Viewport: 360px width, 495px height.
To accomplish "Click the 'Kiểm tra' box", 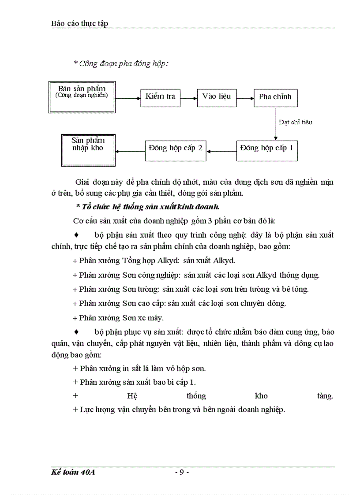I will pyautogui.click(x=161, y=97).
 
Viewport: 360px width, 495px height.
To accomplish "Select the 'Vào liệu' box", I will pyautogui.click(x=217, y=97).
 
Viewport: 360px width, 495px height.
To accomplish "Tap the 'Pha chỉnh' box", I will pyautogui.click(x=275, y=97).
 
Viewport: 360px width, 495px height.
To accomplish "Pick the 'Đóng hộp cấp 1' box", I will pyautogui.click(x=266, y=149).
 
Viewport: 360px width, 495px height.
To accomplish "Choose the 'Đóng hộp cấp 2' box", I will pyautogui.click(x=176, y=149).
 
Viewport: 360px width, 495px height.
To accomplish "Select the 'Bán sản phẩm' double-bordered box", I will pyautogui.click(x=82, y=94).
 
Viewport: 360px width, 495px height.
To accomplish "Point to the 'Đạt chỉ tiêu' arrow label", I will pyautogui.click(x=296, y=122).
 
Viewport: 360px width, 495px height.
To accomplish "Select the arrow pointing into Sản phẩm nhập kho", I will pyautogui.click(x=130, y=152).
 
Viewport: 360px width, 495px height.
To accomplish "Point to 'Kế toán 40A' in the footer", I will pyautogui.click(x=73, y=472).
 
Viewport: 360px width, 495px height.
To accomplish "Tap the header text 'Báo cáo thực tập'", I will pyautogui.click(x=79, y=23).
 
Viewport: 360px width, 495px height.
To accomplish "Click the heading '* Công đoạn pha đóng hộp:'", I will pyautogui.click(x=121, y=63).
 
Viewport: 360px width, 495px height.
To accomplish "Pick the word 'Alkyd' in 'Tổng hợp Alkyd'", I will pyautogui.click(x=168, y=261).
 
